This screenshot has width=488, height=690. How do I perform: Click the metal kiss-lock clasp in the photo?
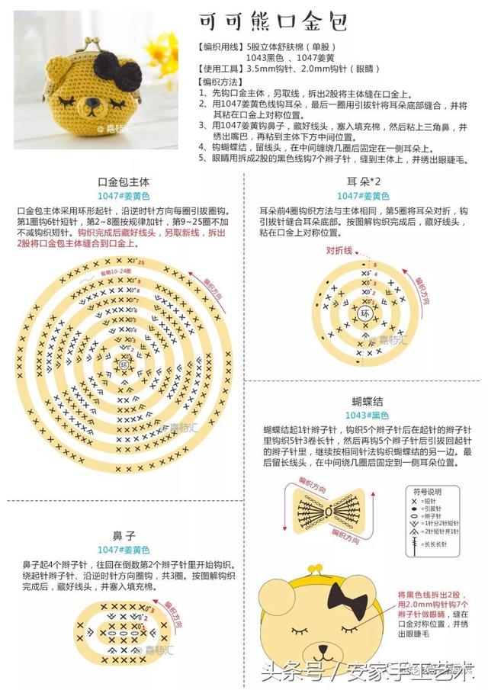(84, 46)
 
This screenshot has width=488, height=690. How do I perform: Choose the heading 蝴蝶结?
(367, 401)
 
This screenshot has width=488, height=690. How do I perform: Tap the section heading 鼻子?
(124, 536)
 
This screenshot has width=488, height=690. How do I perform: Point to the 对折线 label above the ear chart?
(340, 250)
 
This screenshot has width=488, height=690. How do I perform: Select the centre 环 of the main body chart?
(124, 364)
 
